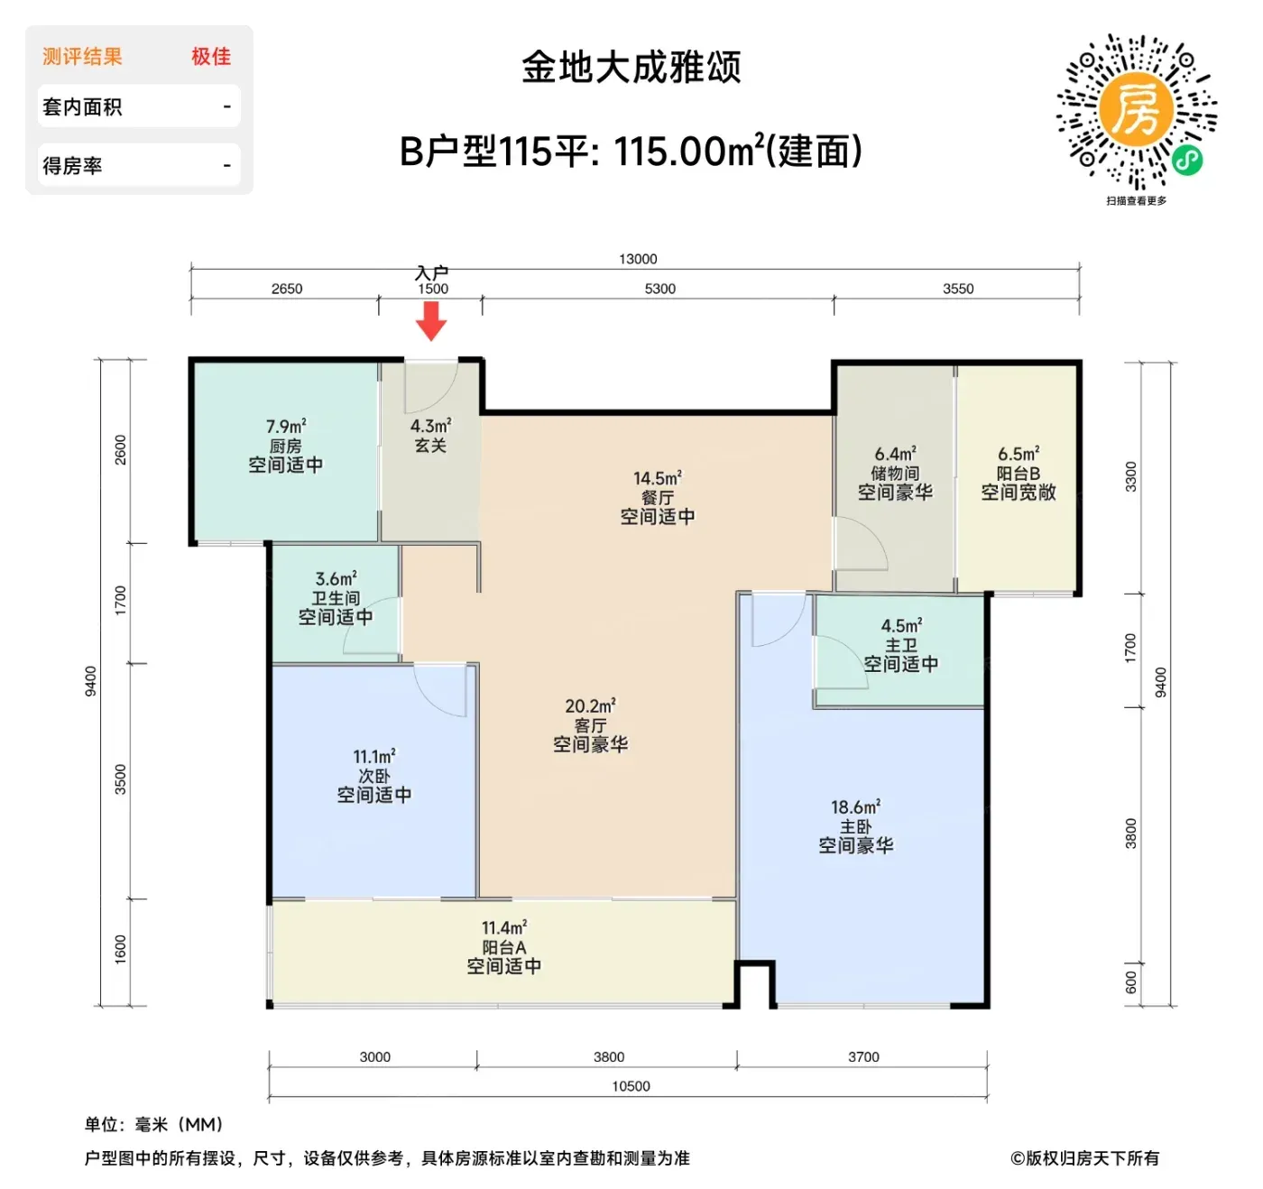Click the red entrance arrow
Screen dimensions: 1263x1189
[431, 320]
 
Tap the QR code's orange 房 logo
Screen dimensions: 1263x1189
[1136, 109]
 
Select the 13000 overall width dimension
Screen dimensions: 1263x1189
[638, 259]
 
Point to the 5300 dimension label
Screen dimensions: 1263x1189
[660, 289]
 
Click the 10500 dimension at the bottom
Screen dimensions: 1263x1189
[631, 1086]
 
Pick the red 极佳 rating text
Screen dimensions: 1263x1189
[211, 57]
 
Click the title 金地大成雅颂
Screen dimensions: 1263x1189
[631, 67]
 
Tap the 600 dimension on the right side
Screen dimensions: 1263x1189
[1130, 982]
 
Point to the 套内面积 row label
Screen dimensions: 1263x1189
[82, 106]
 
